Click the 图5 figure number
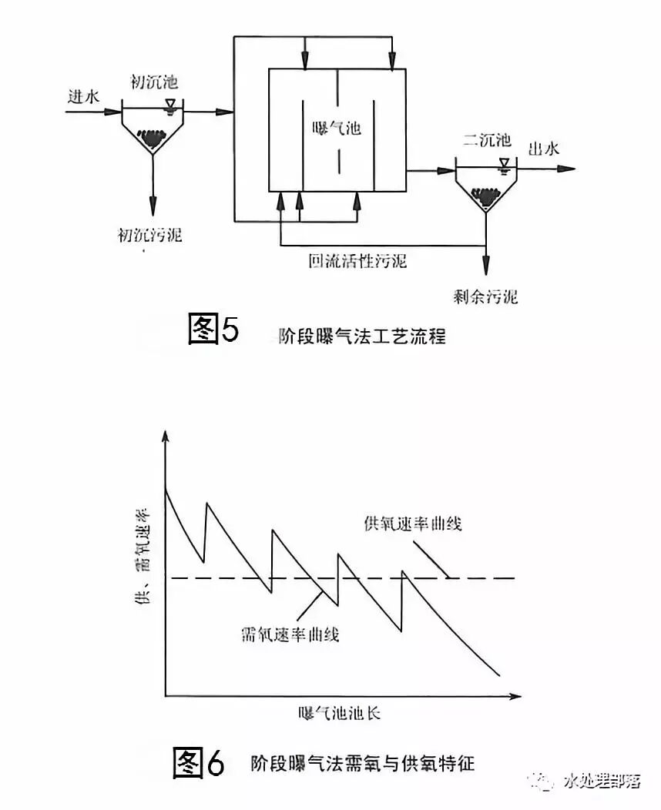214,330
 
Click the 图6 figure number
198,762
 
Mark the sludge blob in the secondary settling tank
485,199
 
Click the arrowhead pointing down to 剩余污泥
486,269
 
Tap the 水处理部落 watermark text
602,782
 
